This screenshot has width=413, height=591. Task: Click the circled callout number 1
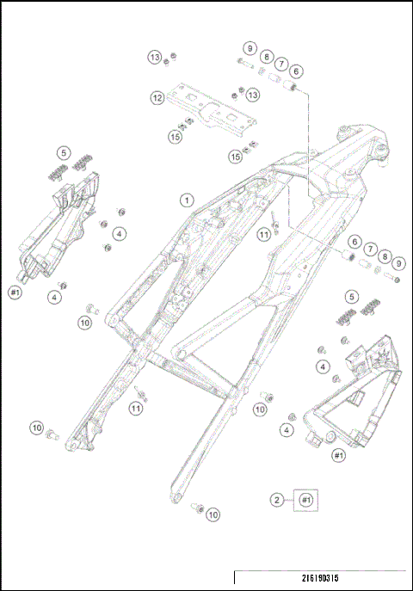(x=185, y=200)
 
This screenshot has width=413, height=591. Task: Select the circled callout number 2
(x=277, y=499)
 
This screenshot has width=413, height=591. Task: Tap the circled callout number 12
(x=157, y=98)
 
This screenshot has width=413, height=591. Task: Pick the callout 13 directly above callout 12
(x=155, y=57)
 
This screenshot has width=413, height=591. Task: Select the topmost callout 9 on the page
(x=249, y=48)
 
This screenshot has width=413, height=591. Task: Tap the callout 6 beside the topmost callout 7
(x=296, y=71)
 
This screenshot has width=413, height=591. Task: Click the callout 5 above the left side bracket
(x=63, y=153)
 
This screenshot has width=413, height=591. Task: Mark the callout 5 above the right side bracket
(x=350, y=297)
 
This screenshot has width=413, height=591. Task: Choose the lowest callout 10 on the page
(x=212, y=514)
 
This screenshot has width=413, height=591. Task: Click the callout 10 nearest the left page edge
(x=37, y=427)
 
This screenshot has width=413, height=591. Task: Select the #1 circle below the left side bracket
(x=15, y=292)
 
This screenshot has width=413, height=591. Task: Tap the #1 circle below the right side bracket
(x=338, y=454)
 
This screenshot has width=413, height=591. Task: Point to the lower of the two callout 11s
(x=136, y=408)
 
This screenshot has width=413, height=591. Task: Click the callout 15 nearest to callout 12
(x=176, y=136)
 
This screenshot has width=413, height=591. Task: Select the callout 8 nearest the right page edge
(x=385, y=255)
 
